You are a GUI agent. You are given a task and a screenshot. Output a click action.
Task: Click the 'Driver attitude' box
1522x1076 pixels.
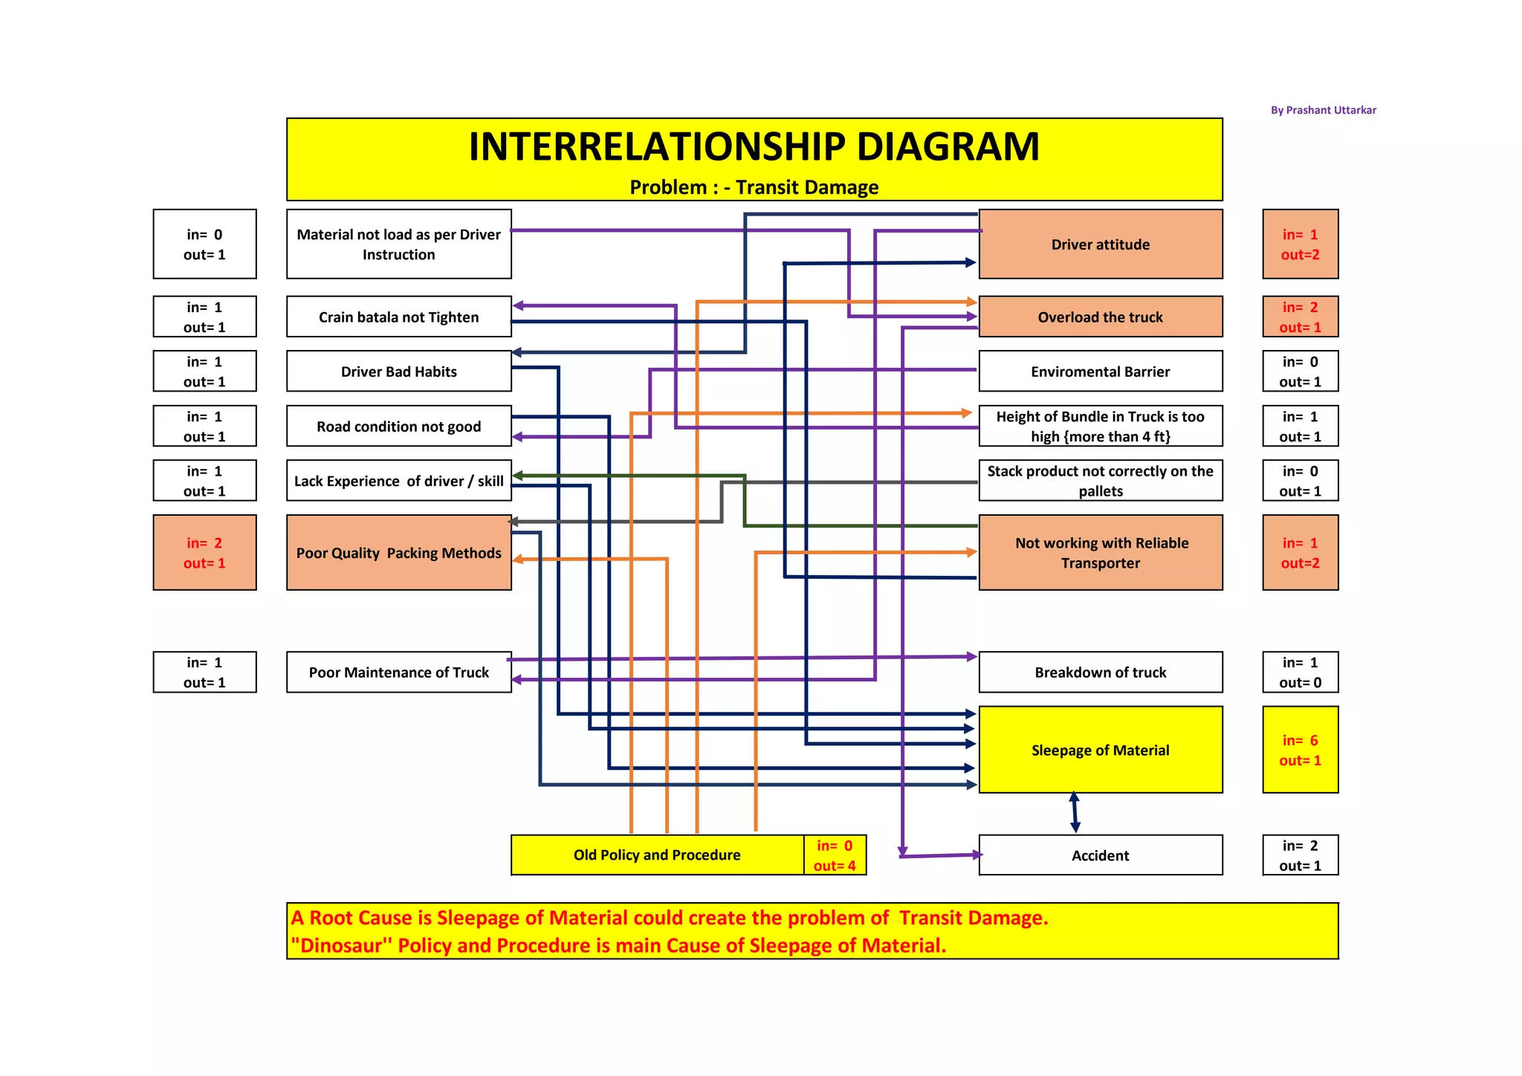tap(1100, 244)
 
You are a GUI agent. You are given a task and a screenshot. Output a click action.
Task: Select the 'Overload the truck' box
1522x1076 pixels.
tap(1100, 317)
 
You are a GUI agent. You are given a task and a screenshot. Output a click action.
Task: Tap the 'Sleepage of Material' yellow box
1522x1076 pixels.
tap(1100, 750)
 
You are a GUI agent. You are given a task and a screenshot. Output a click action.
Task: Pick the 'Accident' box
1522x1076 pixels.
tap(1100, 855)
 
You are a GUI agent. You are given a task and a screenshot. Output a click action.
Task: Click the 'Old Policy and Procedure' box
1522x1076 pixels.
tap(657, 855)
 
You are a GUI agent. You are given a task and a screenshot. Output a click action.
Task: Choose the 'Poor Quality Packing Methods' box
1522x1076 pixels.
tap(399, 553)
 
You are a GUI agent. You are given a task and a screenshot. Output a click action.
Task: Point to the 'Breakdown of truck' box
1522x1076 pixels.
tap(1100, 672)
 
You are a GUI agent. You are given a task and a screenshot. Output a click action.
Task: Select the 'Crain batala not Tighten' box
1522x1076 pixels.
tap(399, 317)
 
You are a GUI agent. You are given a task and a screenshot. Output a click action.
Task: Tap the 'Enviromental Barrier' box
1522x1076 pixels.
tap(1100, 372)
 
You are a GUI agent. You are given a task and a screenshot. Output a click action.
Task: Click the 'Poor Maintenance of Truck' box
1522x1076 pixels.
tap(399, 672)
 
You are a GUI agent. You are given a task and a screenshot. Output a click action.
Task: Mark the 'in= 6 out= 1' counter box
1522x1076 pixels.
tap(1300, 750)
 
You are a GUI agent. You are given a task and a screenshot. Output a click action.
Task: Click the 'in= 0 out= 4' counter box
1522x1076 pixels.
tap(835, 855)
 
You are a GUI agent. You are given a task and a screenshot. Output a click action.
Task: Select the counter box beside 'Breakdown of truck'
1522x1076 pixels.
tap(1300, 672)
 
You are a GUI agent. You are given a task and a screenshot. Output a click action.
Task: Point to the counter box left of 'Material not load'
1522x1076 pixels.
tap(204, 244)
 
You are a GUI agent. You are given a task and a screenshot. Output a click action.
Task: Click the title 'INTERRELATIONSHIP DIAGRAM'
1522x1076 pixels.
tap(754, 146)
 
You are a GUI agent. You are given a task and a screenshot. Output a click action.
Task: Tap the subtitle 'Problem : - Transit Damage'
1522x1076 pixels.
tap(754, 187)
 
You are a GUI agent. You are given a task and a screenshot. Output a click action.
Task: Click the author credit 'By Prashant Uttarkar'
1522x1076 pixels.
tap(1323, 110)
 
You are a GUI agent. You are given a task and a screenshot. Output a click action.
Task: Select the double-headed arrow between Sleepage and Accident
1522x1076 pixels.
tap(1075, 813)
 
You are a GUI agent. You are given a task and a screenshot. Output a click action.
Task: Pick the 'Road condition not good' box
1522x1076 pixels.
tap(399, 427)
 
